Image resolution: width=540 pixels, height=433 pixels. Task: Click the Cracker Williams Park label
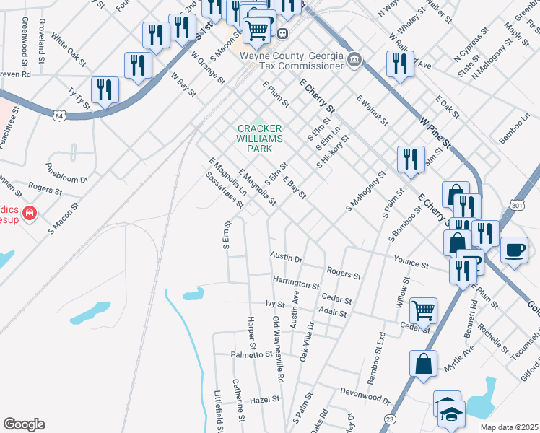259,138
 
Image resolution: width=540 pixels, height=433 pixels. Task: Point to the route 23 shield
391,418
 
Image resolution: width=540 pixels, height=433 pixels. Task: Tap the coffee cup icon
513,250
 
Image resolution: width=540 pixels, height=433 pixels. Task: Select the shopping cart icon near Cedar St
423,310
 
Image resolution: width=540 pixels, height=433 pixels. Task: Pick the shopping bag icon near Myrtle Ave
423,362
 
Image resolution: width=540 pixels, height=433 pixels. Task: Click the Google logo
24,424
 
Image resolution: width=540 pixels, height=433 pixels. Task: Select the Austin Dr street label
286,256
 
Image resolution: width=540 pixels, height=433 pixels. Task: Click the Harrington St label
296,280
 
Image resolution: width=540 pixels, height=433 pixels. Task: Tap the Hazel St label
264,400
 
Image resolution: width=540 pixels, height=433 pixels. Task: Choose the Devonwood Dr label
365,395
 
